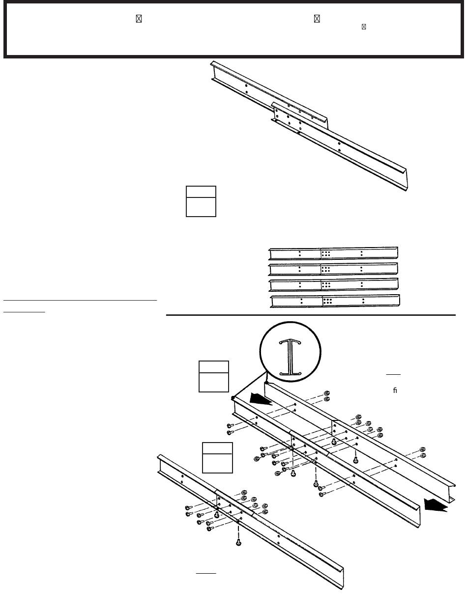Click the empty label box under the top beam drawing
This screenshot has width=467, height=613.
pos(201,201)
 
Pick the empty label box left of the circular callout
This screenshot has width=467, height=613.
pos(213,376)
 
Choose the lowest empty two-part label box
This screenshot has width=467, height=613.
pos(217,457)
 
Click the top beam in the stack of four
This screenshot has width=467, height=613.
pos(333,253)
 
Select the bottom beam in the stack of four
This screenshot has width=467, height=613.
pos(335,301)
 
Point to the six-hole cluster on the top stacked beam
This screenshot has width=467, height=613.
pos(325,253)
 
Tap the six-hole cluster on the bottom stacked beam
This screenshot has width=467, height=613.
pos(327,301)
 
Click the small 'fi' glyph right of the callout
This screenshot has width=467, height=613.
pos(395,391)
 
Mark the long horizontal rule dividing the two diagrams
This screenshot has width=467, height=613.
pos(311,315)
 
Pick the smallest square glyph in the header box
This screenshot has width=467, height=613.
pos(364,27)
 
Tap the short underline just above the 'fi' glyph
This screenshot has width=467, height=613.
pos(393,374)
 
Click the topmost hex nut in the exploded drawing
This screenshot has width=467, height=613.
pos(327,393)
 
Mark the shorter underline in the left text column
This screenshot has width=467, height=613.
pos(24,311)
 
